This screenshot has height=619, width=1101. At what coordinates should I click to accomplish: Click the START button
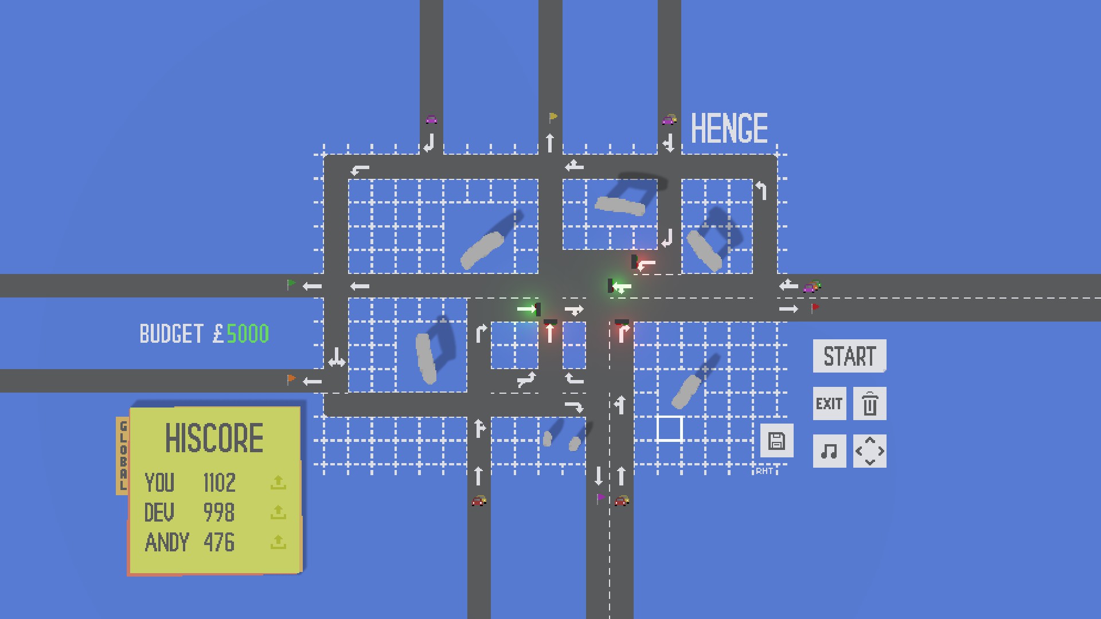849,356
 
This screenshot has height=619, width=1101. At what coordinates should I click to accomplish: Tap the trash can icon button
869,403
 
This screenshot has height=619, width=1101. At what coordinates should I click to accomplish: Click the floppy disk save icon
776,441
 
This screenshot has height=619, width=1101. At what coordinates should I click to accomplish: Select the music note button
829,451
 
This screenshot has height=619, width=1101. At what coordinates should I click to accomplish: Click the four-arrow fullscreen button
869,451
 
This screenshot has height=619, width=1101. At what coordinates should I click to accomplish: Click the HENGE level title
729,128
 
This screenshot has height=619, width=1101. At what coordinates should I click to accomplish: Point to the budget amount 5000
248,334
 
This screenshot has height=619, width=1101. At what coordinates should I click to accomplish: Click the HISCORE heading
214,438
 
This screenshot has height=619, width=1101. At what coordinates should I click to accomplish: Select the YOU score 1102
219,483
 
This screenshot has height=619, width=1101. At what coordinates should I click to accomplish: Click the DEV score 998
219,513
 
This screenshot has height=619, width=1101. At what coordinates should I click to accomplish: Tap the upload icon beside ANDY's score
278,542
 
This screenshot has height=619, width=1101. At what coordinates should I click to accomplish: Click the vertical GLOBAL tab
123,456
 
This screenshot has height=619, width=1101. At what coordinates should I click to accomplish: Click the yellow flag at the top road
553,117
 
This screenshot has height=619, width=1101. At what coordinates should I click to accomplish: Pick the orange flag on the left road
291,379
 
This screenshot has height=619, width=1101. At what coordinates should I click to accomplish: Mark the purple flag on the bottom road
600,497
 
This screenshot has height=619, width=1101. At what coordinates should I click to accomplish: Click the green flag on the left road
291,284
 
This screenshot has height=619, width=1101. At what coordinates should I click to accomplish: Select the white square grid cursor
669,429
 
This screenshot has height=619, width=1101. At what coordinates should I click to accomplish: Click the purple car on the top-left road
431,119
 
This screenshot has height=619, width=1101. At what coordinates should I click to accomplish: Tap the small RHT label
764,471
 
